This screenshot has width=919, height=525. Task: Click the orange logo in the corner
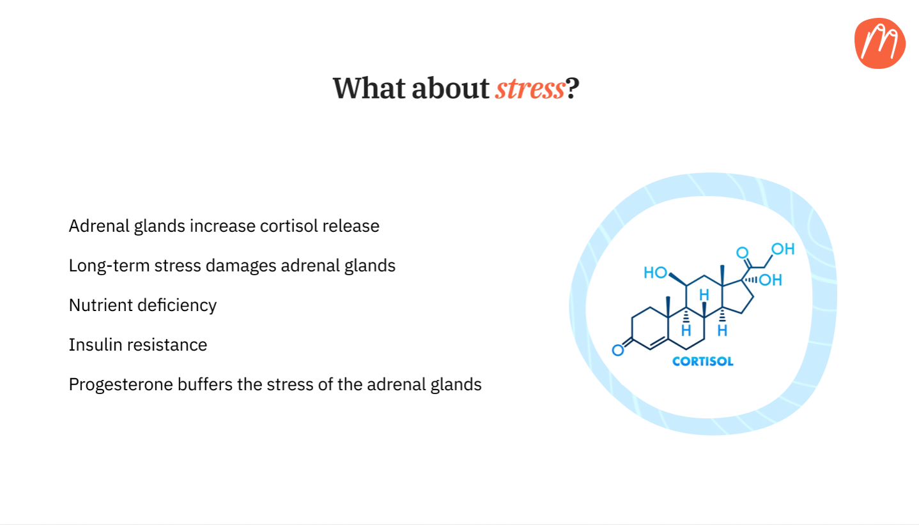(x=879, y=43)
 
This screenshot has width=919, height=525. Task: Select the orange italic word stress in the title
(x=530, y=89)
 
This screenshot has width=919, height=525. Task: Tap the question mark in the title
(x=573, y=88)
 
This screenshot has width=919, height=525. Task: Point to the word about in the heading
(x=451, y=88)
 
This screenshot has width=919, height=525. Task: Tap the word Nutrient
(x=101, y=305)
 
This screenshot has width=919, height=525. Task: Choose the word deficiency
(x=177, y=305)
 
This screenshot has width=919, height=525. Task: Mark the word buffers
(x=205, y=384)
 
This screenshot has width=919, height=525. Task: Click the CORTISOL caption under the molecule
(x=703, y=361)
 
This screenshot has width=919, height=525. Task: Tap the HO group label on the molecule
(x=655, y=273)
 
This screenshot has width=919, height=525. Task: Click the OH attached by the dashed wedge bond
(x=771, y=280)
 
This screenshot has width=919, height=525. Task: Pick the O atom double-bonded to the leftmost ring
(x=618, y=350)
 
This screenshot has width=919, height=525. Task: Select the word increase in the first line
(x=222, y=226)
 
